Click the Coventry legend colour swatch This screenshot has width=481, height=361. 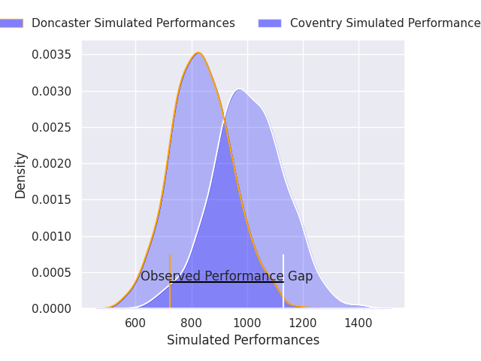coord(269,23)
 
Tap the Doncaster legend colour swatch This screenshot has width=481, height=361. coord(11,23)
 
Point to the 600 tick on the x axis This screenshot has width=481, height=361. coord(135,323)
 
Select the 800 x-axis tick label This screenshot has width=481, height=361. coord(192,323)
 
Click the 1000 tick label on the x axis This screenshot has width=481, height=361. coord(247,323)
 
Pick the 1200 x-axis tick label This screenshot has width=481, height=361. coord(303,323)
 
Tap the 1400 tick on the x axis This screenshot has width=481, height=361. coord(358,323)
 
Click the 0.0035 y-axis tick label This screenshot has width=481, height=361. coord(51,55)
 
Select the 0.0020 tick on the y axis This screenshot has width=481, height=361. coord(51,164)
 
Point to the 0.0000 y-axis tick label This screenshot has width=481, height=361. coord(51,308)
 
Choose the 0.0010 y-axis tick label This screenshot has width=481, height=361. coord(51,236)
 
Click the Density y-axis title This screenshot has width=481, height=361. coord(20,175)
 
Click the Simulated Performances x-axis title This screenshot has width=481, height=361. coord(243,341)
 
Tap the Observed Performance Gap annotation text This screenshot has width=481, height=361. coord(226,276)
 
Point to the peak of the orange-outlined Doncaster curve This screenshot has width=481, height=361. coord(198,53)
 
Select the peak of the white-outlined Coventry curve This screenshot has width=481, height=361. coord(239,89)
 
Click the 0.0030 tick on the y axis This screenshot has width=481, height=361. coord(51,91)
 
